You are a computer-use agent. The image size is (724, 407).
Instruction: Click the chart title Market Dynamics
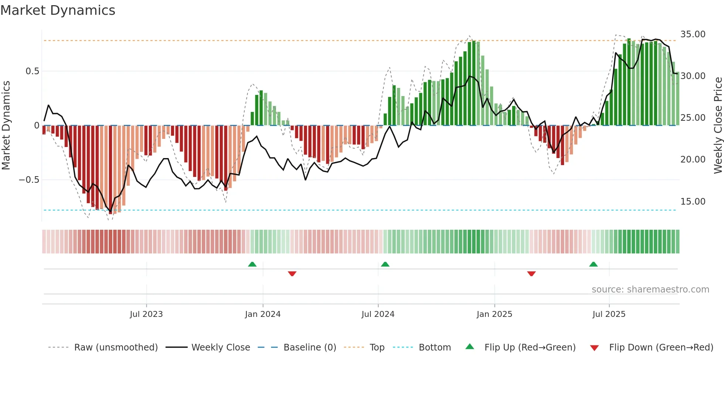58,10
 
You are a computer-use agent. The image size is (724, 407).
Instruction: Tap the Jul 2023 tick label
146,314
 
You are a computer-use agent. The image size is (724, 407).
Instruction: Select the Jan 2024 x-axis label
263,314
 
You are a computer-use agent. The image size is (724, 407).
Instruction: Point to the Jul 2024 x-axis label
378,314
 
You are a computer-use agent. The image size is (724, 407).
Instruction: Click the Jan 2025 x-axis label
494,314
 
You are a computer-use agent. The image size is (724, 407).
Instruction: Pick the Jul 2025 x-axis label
609,314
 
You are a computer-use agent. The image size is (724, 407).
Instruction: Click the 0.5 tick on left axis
32,71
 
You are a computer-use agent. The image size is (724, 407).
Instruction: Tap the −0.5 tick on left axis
29,180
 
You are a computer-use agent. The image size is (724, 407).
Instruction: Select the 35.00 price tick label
693,34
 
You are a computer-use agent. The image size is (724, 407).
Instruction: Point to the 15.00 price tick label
693,202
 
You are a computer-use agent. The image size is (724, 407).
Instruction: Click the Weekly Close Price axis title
718,126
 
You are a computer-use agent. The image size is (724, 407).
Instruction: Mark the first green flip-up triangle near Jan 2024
252,264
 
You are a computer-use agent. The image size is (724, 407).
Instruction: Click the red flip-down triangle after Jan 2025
532,274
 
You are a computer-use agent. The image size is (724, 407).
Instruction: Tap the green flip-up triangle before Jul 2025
593,264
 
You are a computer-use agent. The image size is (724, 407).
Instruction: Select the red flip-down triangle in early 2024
292,274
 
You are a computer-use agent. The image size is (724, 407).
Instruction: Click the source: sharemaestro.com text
650,290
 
